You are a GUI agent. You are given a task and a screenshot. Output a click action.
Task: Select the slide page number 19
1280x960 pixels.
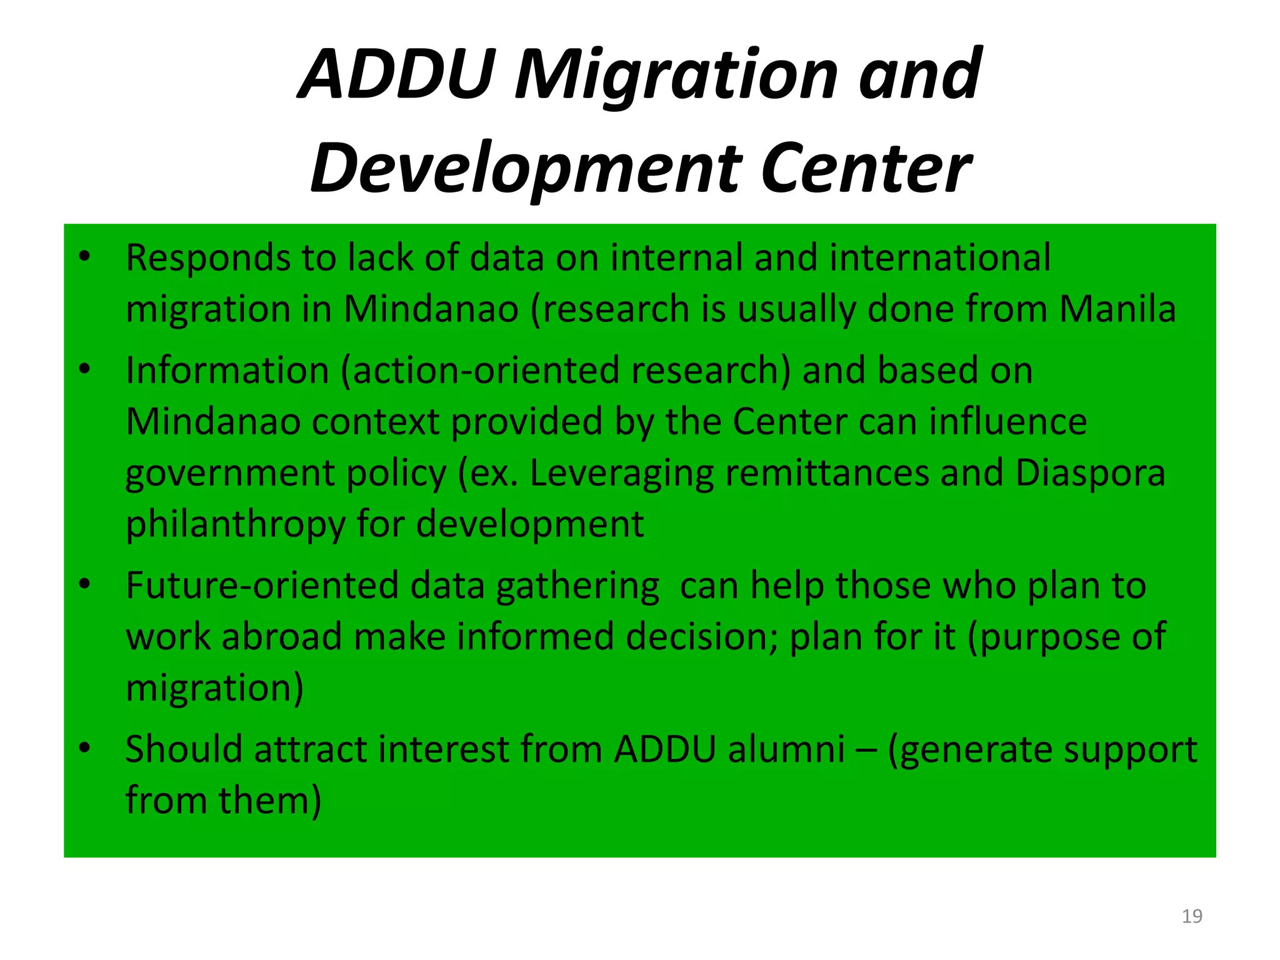[x=1192, y=916]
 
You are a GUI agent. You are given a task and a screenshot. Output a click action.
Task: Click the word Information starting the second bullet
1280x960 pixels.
[x=227, y=370]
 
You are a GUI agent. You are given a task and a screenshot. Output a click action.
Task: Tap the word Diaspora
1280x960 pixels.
[x=1090, y=473]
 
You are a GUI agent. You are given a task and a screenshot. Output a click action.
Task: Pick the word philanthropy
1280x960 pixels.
[x=236, y=524]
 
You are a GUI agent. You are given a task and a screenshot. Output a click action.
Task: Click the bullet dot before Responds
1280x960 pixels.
[x=85, y=256]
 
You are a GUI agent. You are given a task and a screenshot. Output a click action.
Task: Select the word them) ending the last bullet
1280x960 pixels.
[x=270, y=801]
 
